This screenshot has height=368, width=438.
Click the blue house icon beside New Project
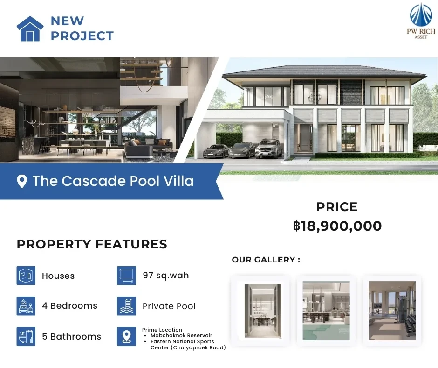[x=30, y=29]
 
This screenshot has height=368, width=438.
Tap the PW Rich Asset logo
[x=421, y=21]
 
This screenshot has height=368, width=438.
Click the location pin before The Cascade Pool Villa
[x=22, y=181]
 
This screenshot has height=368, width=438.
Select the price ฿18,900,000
[x=337, y=226]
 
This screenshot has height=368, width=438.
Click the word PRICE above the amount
[x=337, y=207]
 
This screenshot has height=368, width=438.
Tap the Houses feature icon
[x=26, y=276]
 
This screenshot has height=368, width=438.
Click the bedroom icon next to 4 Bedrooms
[x=26, y=306]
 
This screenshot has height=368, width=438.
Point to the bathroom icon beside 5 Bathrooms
[x=26, y=336]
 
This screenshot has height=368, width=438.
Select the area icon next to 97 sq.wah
[x=127, y=276]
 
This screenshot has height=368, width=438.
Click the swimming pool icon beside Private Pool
[x=127, y=306]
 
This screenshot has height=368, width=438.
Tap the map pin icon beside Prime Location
[x=127, y=336]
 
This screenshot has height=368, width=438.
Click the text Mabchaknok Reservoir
[x=181, y=335]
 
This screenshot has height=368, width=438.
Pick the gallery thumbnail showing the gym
[x=392, y=311]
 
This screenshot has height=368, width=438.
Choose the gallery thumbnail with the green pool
[x=326, y=311]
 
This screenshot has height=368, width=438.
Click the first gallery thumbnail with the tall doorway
[x=263, y=311]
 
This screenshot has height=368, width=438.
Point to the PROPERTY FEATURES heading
[x=92, y=244]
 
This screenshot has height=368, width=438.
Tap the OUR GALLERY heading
[x=266, y=260]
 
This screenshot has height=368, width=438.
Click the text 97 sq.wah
[x=165, y=276]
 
